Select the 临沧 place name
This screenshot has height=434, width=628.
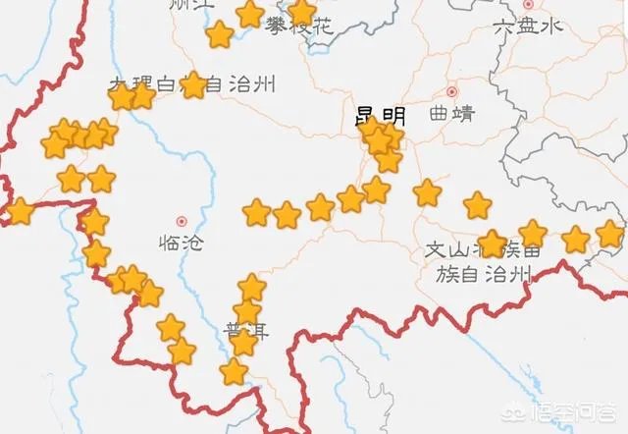pyautogui.click(x=181, y=243)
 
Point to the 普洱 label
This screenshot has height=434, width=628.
pyautogui.click(x=245, y=330)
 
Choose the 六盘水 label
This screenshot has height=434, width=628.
pyautogui.click(x=530, y=27)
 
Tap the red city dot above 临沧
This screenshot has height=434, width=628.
pyautogui.click(x=181, y=221)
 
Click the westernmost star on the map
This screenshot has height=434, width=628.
pyautogui.click(x=18, y=210)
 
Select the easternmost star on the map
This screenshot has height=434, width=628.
pyautogui.click(x=610, y=234)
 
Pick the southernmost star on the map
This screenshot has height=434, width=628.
pyautogui.click(x=234, y=372)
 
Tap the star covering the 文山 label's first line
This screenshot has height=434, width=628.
pyautogui.click(x=492, y=244)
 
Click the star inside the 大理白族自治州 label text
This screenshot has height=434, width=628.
pyautogui.click(x=194, y=85)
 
